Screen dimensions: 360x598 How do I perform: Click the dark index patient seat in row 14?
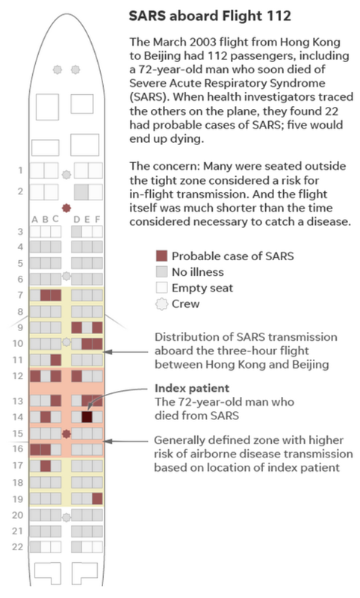tap(87, 417)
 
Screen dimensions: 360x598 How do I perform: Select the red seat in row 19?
tap(98, 499)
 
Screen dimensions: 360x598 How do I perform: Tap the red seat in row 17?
tap(46, 466)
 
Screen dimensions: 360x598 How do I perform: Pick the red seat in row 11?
tap(56, 360)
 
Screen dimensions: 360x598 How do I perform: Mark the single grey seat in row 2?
tap(81, 192)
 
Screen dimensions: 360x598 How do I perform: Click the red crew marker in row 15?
tap(66, 434)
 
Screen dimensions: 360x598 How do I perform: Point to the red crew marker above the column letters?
tap(66, 208)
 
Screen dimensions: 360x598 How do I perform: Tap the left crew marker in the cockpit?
tap(58, 70)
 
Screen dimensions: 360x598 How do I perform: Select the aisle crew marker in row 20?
tap(66, 517)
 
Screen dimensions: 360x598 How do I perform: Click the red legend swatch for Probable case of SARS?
tap(162, 256)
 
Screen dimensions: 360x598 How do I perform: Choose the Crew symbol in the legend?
tap(162, 304)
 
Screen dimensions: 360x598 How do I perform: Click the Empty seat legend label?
tap(202, 288)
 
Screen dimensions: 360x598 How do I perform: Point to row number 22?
tap(17, 547)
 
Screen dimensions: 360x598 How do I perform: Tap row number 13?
tap(18, 401)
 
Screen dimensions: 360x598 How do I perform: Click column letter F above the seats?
tap(98, 219)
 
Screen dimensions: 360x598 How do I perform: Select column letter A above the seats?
tap(34, 219)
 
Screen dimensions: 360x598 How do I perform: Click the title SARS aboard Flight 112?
tap(210, 16)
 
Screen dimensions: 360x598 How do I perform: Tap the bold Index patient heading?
tap(192, 388)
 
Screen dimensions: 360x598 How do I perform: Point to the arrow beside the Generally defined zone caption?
tap(126, 441)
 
